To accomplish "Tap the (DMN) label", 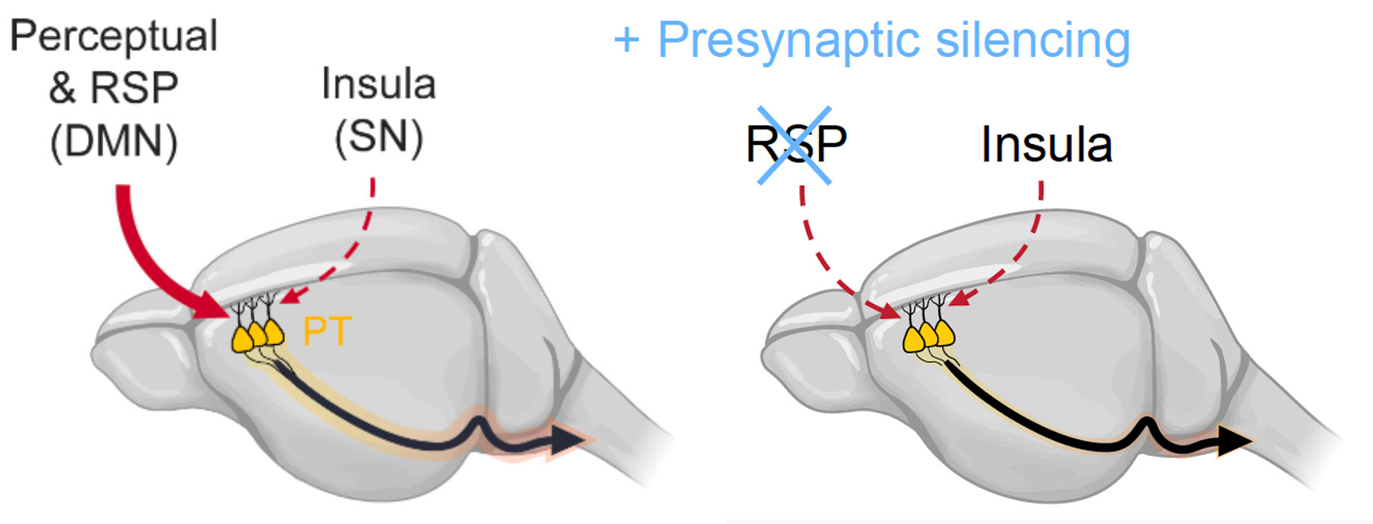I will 114,142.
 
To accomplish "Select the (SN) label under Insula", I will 379,138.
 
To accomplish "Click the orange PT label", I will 326,331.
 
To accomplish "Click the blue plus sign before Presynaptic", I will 626,40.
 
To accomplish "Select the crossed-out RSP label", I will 795,144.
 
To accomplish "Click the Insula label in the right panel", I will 1046,145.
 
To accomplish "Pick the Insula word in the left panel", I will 379,85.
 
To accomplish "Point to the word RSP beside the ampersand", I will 134,88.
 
